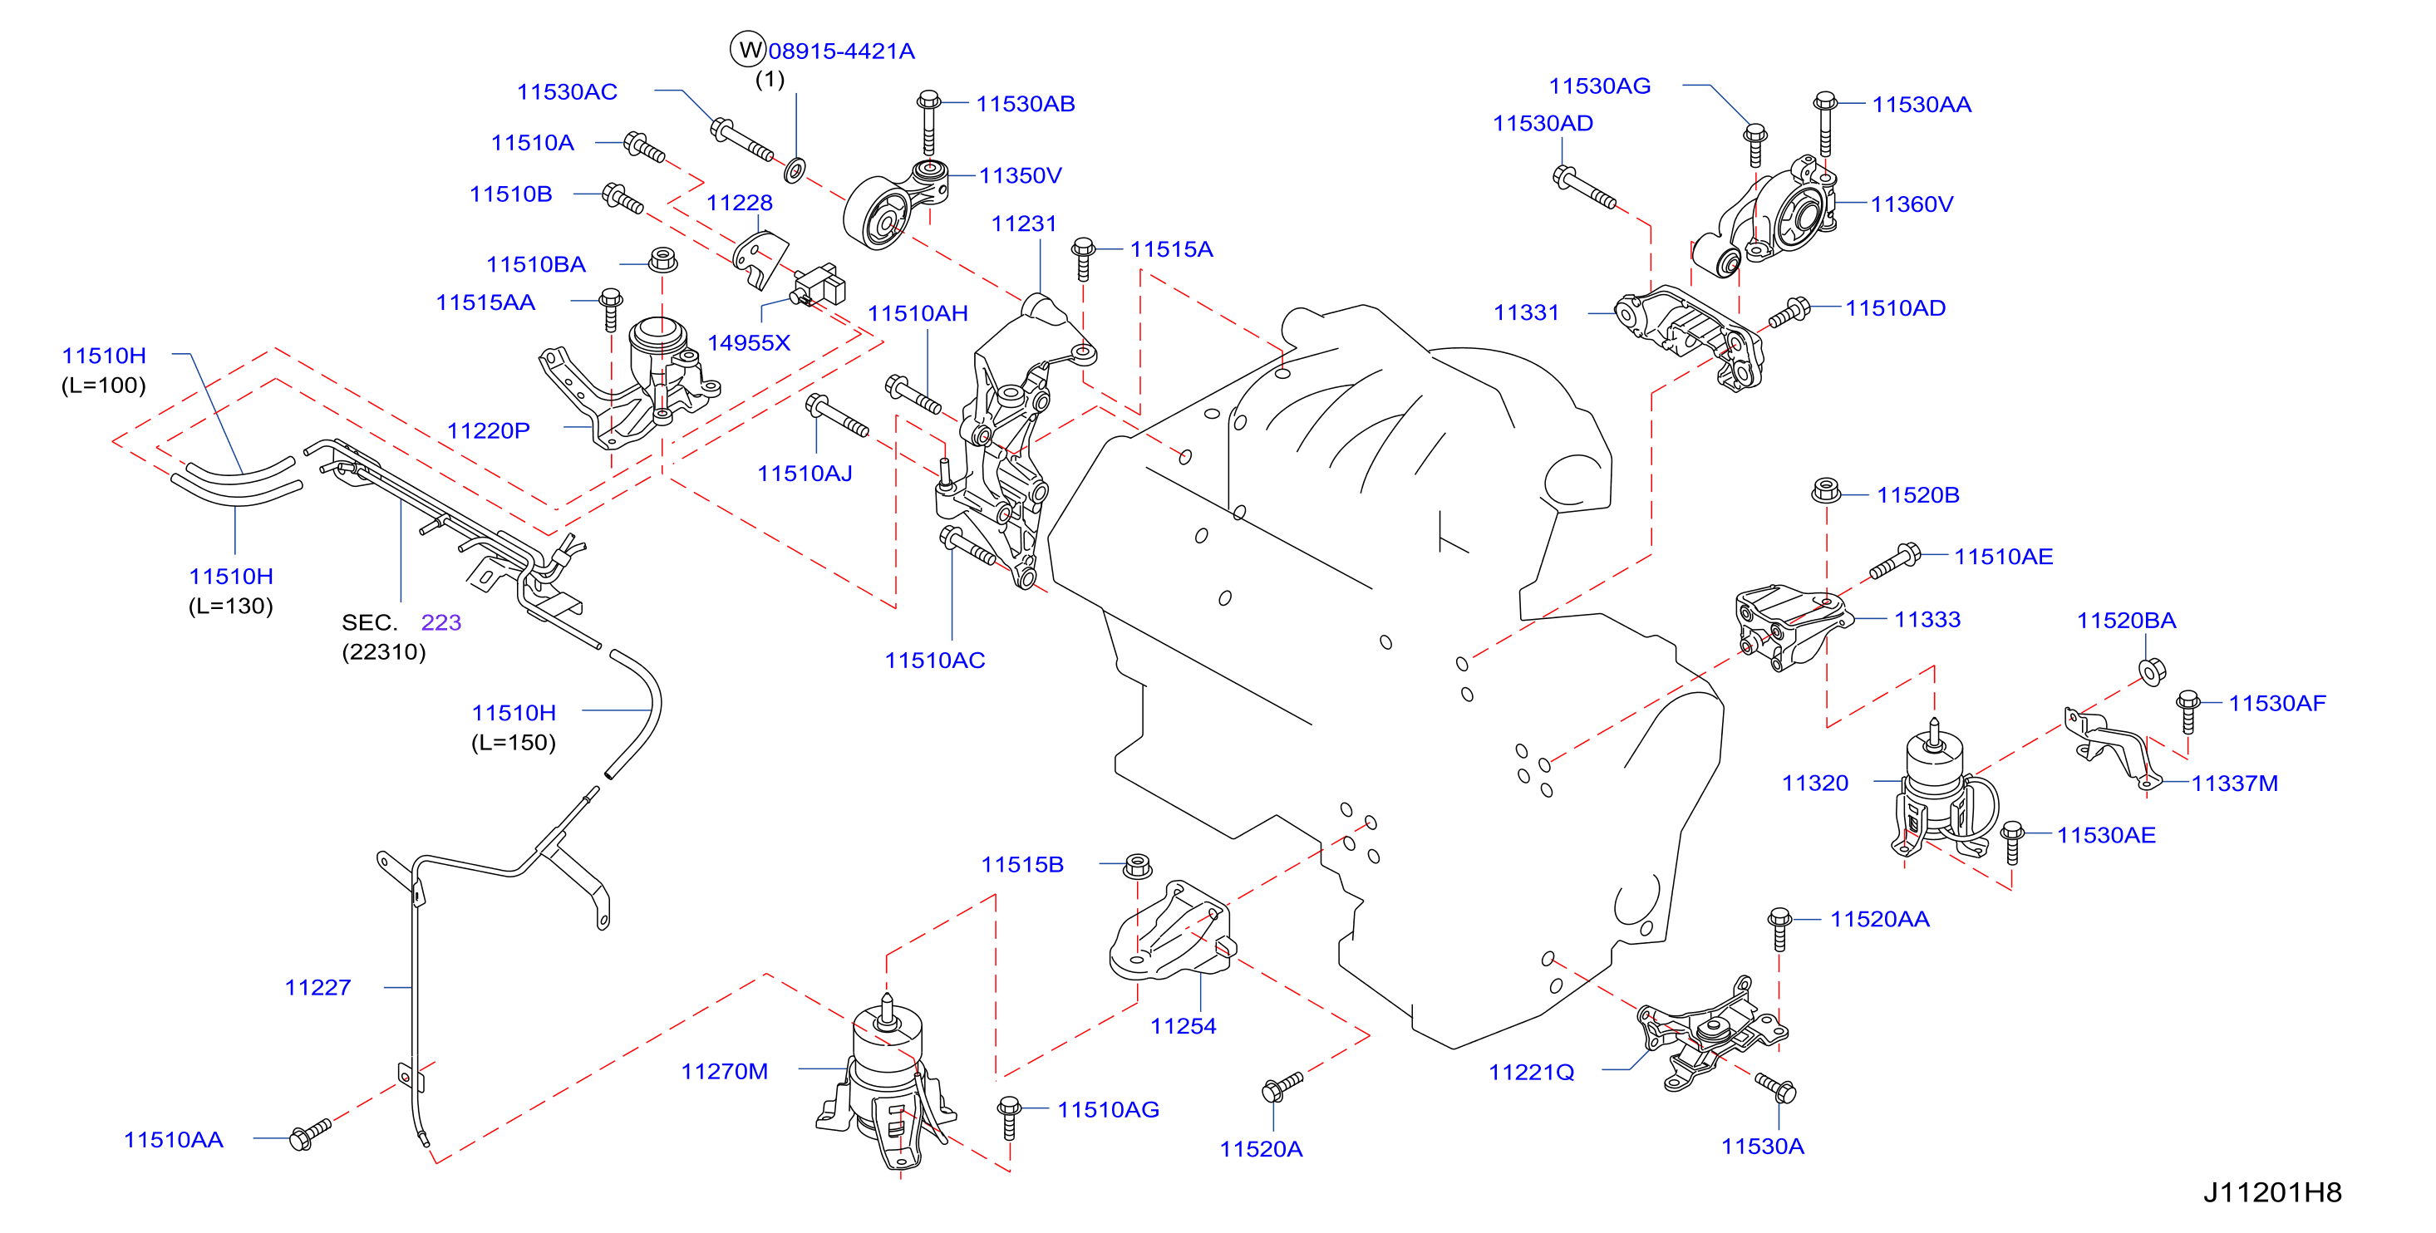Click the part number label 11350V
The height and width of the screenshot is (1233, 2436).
coord(1020,176)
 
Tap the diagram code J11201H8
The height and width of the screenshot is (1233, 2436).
coord(2271,1192)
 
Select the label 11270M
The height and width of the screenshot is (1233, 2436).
coord(725,1071)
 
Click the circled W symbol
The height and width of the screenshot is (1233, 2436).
coord(748,50)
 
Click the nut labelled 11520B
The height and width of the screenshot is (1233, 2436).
coord(1826,491)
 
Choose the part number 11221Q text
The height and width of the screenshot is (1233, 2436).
coord(1531,1073)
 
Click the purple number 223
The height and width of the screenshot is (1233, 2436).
coord(440,622)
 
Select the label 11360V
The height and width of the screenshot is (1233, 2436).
coord(1912,204)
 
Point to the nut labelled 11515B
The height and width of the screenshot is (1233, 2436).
coord(1138,865)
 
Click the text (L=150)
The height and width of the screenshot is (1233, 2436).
coord(514,742)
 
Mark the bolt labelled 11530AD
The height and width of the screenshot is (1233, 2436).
coord(1584,188)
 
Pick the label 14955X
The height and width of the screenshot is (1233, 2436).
coord(749,343)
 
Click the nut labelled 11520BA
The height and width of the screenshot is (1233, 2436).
coord(2153,671)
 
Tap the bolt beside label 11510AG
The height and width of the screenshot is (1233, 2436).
coord(1009,1118)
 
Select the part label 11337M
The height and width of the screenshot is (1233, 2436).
coord(2235,783)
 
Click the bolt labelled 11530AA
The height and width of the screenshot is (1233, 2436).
coord(1825,124)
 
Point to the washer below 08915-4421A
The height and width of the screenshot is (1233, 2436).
coord(795,170)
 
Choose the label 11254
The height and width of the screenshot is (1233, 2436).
coord(1183,1026)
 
